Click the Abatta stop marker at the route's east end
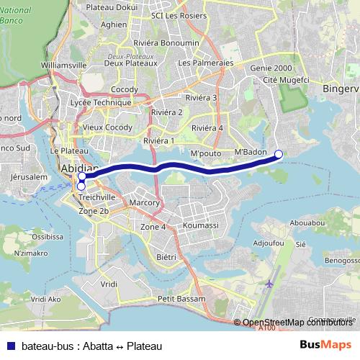click(279, 153)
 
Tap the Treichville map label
click(96, 196)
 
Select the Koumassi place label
click(200, 225)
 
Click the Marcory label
click(145, 203)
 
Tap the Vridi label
click(109, 284)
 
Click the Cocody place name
click(125, 90)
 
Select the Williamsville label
click(64, 64)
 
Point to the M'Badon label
click(251, 153)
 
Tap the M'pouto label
click(204, 154)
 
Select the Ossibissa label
click(48, 235)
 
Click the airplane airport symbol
click(269, 284)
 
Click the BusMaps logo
click(325, 345)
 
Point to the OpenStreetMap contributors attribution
click(296, 323)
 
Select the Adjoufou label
click(270, 244)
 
